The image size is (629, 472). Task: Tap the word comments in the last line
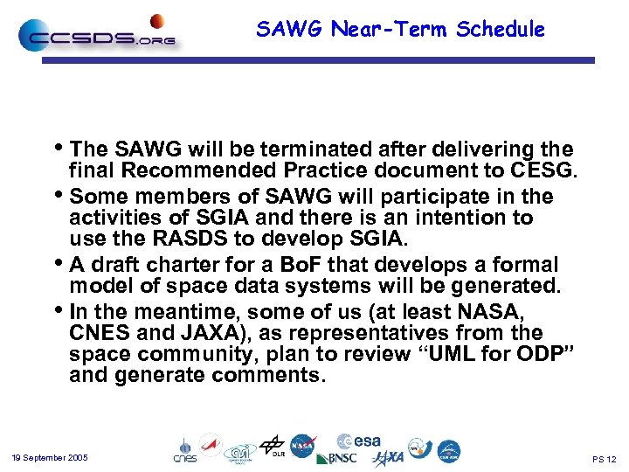coord(271,377)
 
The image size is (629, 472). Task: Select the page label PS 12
coord(604,459)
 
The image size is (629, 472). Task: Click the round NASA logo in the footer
coord(302,447)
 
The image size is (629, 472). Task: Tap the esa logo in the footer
coord(359,441)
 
